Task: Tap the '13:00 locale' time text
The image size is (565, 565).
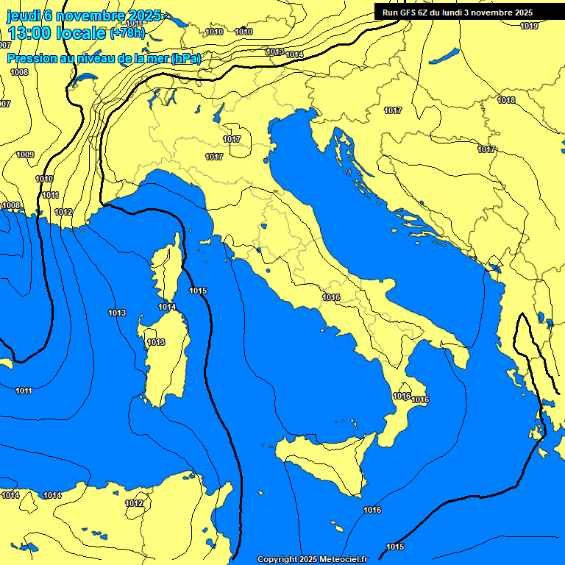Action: tap(57, 33)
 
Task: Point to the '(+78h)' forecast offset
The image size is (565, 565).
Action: tap(127, 33)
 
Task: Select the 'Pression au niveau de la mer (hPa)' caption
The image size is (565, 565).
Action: tap(104, 58)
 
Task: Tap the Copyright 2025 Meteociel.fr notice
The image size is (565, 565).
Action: tap(312, 559)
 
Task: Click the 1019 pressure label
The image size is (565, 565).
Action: tap(529, 26)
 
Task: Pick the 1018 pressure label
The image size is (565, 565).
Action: tap(506, 101)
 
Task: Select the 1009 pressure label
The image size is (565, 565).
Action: tap(25, 154)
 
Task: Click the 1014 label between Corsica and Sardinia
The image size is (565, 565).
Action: tap(167, 308)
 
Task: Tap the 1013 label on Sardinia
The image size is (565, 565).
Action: tap(156, 343)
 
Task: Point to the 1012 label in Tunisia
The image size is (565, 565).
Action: tap(134, 504)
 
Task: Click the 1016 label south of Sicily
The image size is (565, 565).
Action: tap(372, 510)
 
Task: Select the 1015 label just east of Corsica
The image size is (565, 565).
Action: tap(198, 291)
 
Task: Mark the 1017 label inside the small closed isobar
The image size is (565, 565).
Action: tap(232, 139)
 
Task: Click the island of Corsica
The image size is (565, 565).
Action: tap(168, 265)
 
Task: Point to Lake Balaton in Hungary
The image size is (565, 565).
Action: tap(444, 56)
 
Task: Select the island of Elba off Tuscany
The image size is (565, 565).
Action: tap(205, 241)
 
